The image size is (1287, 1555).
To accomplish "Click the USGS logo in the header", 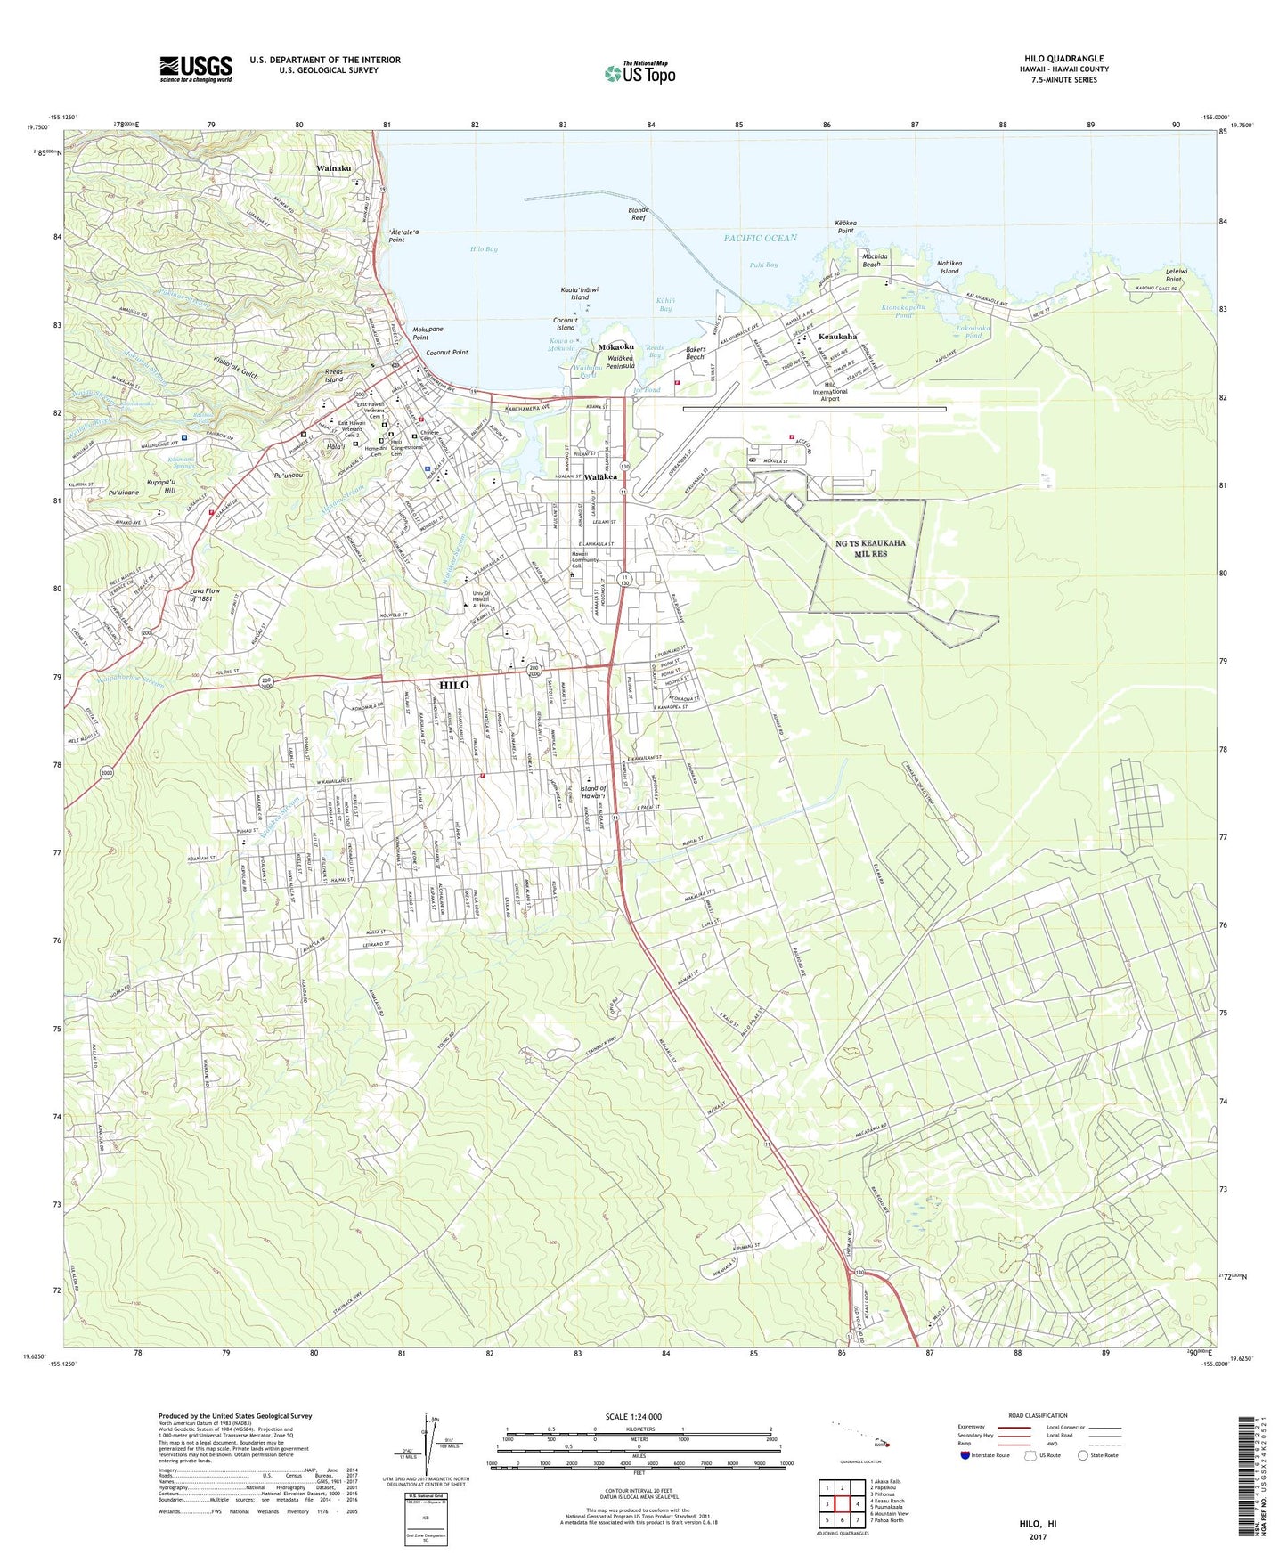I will click(x=196, y=69).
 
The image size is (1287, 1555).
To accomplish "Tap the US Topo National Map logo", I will click(x=639, y=73).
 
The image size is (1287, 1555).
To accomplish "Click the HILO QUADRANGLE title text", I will click(x=1063, y=59).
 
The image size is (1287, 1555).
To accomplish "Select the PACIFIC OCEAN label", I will click(x=760, y=238).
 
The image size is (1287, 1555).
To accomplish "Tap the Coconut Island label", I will click(x=566, y=323).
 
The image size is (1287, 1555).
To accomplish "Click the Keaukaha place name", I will click(x=837, y=337).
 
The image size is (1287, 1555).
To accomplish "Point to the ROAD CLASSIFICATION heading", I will click(x=1038, y=1415).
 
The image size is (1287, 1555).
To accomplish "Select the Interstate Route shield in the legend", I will click(x=966, y=1455).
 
